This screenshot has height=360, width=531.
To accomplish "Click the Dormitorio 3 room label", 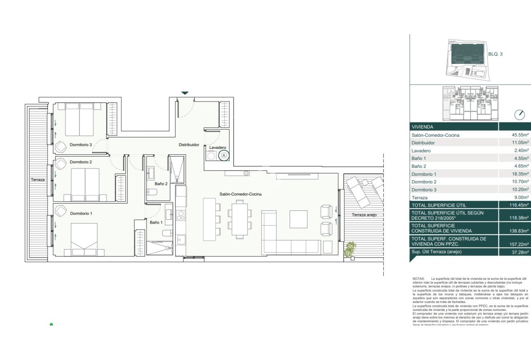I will click(81, 144).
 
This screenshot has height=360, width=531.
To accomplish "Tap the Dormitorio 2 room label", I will click(81, 162).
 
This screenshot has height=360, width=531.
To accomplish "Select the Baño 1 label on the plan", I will click(156, 222).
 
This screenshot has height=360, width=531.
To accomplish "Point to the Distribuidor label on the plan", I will click(189, 144).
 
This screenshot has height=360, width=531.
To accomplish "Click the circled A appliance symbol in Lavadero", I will click(224, 155).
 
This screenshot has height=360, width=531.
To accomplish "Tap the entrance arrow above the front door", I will click(185, 93).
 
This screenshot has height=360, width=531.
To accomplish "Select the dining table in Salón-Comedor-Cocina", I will click(240, 219).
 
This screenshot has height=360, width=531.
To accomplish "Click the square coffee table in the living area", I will click(299, 219).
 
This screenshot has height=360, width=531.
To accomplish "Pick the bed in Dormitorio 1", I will click(84, 239).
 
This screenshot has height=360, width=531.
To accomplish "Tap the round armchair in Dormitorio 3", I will click(61, 147).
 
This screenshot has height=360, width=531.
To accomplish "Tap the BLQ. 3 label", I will click(495, 53).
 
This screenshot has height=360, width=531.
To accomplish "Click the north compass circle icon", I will click(519, 115).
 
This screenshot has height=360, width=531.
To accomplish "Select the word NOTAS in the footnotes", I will click(418, 279).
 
